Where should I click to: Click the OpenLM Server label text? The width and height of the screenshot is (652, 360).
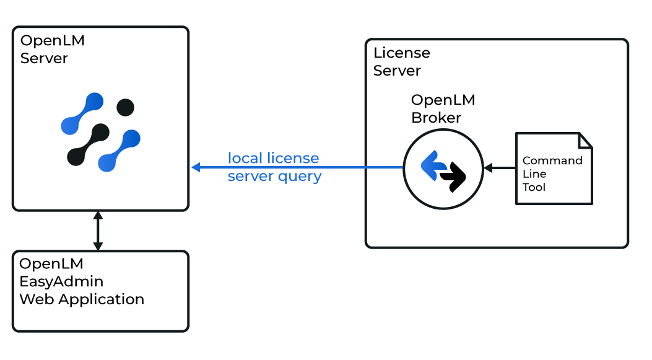click(52, 50)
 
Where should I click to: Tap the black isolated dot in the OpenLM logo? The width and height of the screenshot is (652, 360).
click(126, 107)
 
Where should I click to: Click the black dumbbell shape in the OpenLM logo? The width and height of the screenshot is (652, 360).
click(88, 144)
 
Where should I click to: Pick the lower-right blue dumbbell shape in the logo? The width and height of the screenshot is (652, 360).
click(120, 151)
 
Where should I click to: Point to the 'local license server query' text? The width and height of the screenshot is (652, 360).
click(274, 167)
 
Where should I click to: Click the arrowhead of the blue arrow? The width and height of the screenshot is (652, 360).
click(196, 167)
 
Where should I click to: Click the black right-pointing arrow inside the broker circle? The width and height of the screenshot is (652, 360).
click(454, 177)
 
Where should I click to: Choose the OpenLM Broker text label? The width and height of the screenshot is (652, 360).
click(443, 108)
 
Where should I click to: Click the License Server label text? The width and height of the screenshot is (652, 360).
click(401, 62)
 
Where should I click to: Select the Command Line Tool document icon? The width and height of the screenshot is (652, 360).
click(554, 169)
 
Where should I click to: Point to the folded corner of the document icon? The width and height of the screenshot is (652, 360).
click(585, 141)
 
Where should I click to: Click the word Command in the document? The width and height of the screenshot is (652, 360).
click(552, 160)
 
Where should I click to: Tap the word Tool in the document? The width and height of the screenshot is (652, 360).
click(534, 187)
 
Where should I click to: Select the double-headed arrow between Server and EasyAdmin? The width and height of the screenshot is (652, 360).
click(97, 230)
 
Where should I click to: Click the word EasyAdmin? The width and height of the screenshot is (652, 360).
click(61, 281)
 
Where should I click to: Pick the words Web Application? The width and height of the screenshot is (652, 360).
click(82, 299)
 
